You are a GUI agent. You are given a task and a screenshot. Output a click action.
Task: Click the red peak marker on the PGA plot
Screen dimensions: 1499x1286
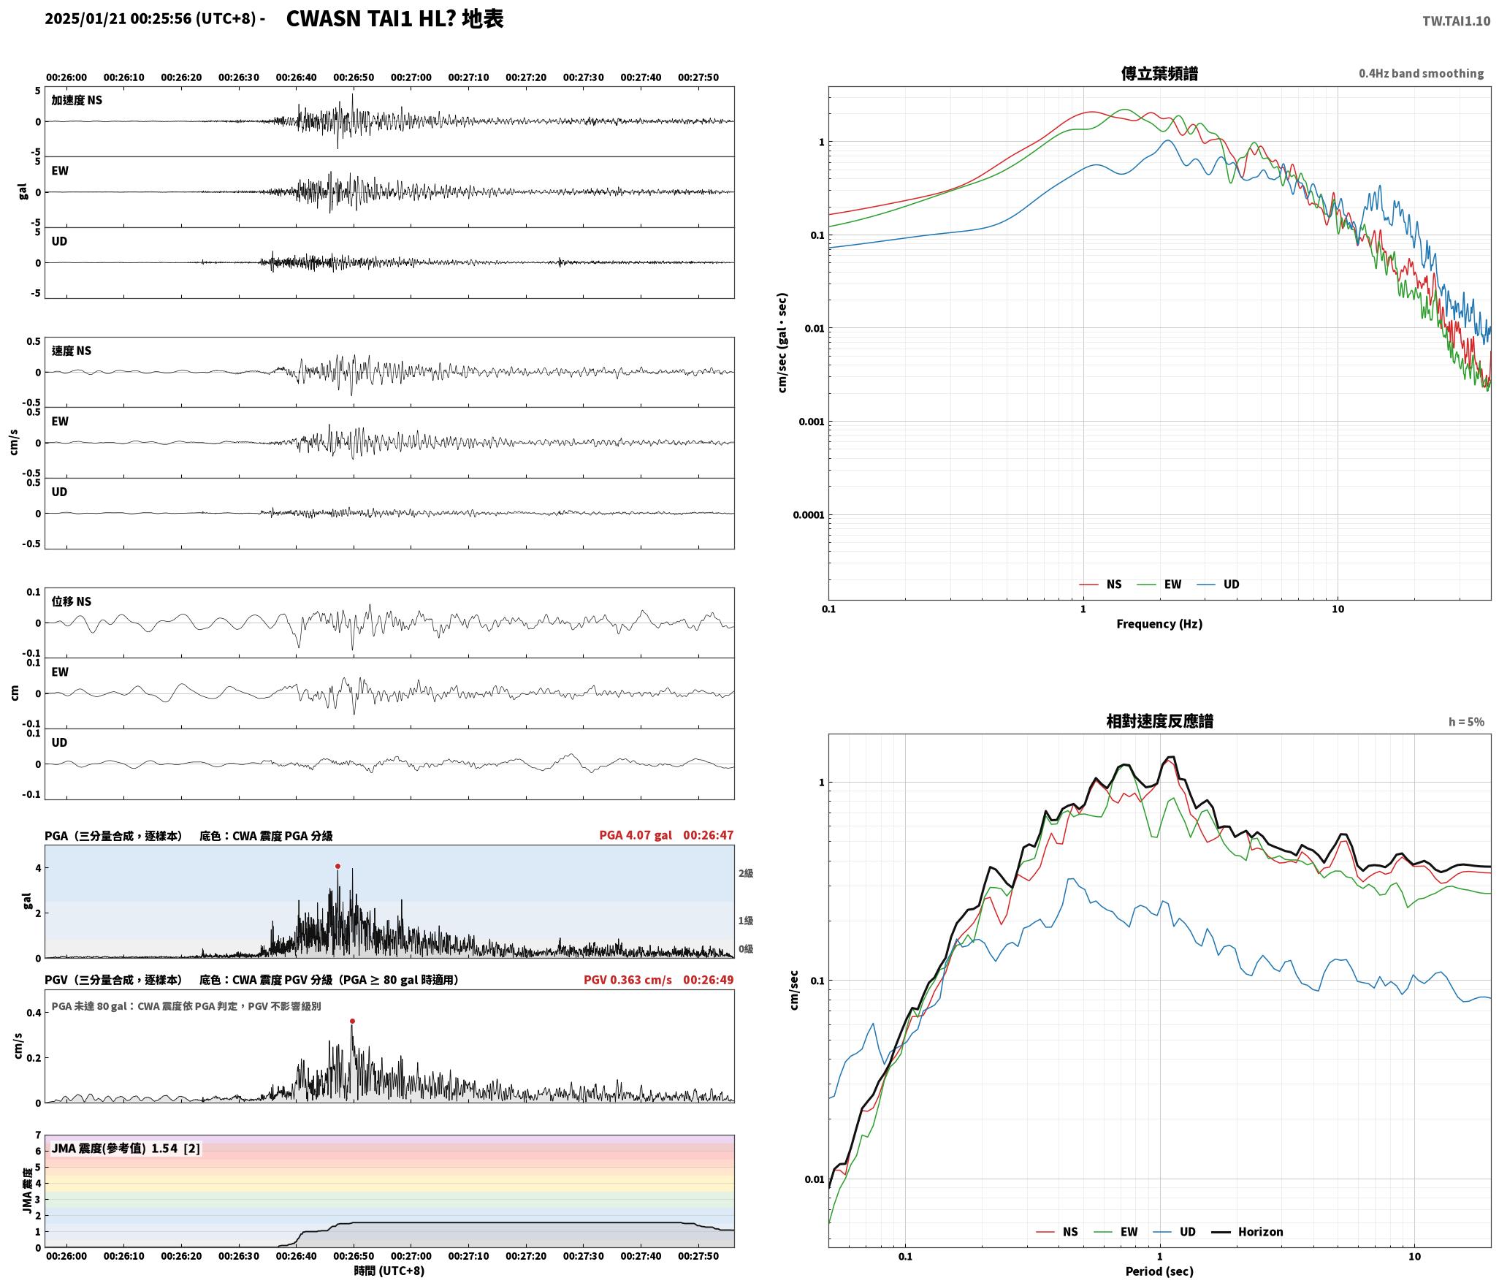point(337,866)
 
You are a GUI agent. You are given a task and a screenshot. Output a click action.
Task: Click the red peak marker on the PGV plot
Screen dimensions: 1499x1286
point(352,1021)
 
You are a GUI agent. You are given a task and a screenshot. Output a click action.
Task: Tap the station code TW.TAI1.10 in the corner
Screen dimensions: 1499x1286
point(1456,21)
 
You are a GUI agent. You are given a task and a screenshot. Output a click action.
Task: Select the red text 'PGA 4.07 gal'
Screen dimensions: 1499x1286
point(636,835)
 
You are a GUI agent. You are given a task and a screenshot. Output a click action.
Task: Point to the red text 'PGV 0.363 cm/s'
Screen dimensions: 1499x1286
point(628,980)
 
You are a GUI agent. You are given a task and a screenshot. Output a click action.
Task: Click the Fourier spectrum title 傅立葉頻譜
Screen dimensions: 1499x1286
point(1159,73)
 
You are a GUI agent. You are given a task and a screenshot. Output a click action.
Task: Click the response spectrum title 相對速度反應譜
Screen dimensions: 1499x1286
point(1159,721)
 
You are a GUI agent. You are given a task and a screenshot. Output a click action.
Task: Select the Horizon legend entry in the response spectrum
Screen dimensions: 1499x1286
point(1248,1232)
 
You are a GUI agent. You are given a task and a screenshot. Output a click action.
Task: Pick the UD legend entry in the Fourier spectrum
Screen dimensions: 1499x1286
point(1218,585)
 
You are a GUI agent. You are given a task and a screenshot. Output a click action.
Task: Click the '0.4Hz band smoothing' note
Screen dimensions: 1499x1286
point(1421,74)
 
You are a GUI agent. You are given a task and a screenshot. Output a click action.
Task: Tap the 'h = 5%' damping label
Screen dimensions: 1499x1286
point(1466,722)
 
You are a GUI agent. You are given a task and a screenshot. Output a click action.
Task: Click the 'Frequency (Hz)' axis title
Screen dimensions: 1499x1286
point(1159,623)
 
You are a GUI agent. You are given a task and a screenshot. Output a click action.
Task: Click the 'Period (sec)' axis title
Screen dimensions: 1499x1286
point(1159,1271)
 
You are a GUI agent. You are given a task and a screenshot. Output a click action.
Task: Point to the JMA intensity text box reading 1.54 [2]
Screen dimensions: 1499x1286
point(126,1149)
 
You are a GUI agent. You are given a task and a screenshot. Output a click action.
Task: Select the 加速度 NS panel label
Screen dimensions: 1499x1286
point(77,100)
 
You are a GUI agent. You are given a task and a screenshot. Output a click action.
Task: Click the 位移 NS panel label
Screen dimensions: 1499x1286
point(72,601)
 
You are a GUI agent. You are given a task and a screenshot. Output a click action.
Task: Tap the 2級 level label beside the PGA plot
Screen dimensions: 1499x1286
point(745,873)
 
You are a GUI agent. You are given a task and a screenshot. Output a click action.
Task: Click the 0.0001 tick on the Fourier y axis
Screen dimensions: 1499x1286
point(808,515)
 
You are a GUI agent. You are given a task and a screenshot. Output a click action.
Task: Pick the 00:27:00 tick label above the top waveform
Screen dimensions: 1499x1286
point(411,77)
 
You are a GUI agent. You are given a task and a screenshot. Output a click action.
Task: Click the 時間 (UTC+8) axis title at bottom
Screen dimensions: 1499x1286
point(389,1271)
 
